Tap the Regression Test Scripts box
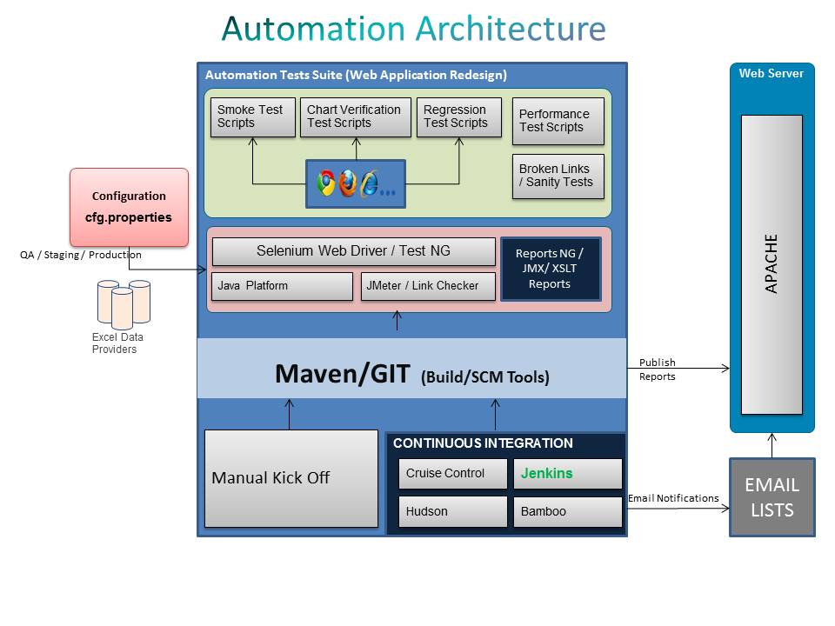tap(459, 117)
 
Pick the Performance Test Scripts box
tap(558, 122)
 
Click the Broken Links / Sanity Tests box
tap(558, 176)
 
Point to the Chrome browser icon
tap(326, 183)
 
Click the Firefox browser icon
tap(348, 183)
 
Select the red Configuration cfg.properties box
tap(129, 207)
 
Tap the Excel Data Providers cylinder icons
tap(124, 303)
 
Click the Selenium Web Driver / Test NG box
tap(353, 251)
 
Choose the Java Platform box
tap(282, 286)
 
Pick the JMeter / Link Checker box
tap(428, 286)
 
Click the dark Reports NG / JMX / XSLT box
tap(550, 270)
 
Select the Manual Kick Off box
tap(291, 478)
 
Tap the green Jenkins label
tap(547, 474)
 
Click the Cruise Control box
tap(452, 474)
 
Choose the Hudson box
tap(452, 512)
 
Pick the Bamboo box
tap(567, 512)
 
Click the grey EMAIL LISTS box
tap(772, 497)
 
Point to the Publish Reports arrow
tap(678, 369)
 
